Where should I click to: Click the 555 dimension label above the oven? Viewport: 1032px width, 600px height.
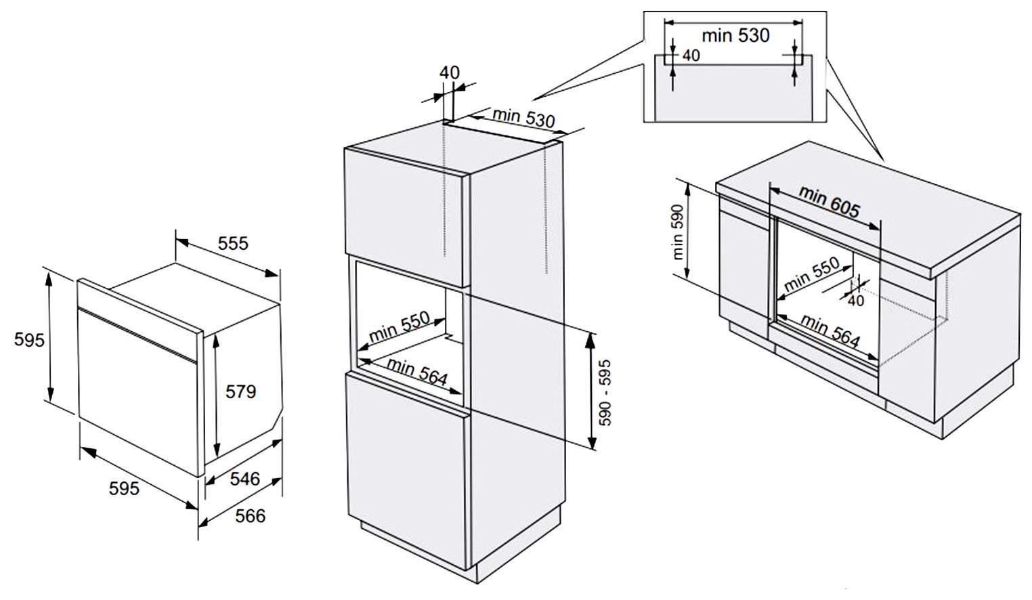233,243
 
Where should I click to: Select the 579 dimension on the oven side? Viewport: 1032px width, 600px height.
240,391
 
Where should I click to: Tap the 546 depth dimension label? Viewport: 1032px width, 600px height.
244,479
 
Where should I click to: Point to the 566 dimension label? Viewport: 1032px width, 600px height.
250,516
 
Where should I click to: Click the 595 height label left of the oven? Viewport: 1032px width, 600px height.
29,340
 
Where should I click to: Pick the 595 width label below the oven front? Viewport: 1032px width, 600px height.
124,488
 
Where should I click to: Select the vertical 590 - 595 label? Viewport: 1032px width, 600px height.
605,393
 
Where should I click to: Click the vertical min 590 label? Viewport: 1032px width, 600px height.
678,232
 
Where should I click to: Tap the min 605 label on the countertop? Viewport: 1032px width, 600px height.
829,202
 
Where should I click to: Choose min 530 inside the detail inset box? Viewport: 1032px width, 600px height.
736,35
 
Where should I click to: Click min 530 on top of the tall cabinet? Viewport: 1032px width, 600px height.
523,118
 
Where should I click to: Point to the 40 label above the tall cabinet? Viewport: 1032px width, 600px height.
450,73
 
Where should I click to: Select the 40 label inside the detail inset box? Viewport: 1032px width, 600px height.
691,56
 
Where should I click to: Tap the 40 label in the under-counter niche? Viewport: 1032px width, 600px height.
855,301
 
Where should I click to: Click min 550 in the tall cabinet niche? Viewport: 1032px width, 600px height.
399,326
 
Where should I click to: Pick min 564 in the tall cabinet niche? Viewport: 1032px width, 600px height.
417,371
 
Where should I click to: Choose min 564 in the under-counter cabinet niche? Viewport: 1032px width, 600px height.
830,331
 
